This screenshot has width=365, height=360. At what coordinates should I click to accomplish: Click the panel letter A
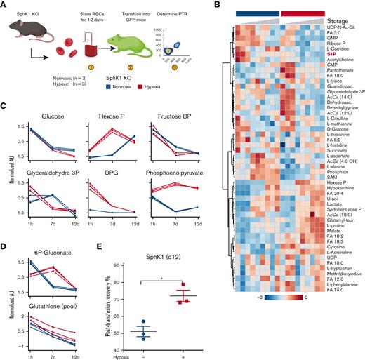[5, 6]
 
